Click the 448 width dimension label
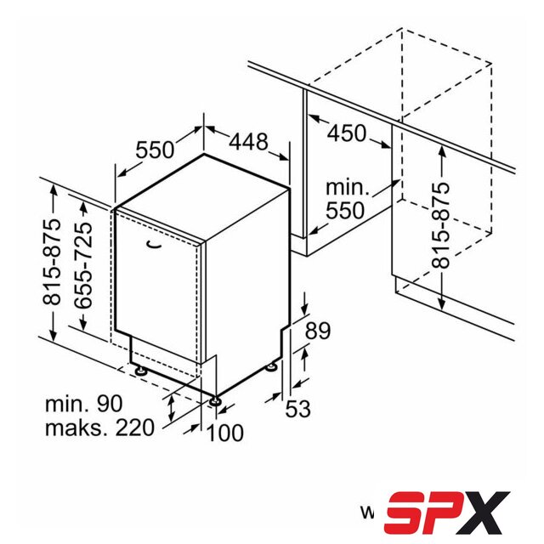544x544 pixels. click(x=249, y=142)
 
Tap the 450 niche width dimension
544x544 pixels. click(x=347, y=133)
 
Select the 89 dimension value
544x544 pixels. click(x=317, y=331)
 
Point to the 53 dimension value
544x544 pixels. click(x=297, y=408)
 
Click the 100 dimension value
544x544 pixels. click(x=224, y=433)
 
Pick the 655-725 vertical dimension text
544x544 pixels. click(x=83, y=265)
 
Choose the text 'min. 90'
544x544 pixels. click(x=84, y=404)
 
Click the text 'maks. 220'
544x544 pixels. click(x=99, y=428)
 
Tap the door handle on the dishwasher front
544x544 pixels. click(x=154, y=245)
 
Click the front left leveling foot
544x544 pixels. click(x=142, y=371)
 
